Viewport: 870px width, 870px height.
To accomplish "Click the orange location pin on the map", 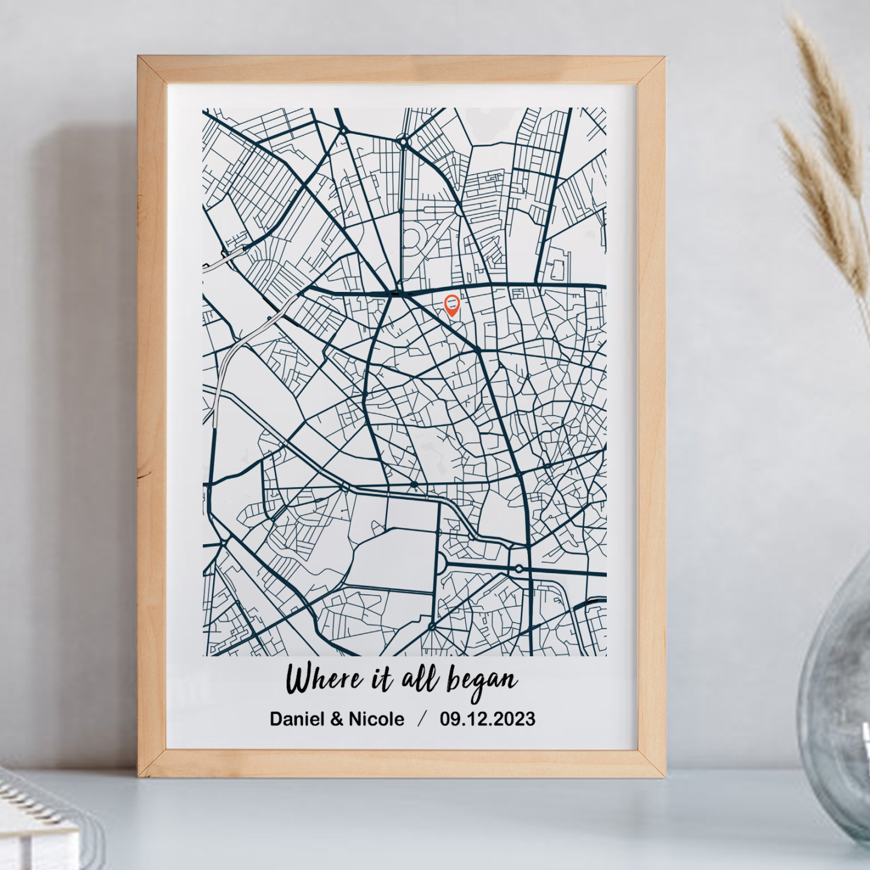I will click(x=452, y=305).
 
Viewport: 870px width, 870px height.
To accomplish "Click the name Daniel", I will click(x=294, y=719).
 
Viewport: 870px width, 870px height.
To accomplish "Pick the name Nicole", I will click(x=376, y=719).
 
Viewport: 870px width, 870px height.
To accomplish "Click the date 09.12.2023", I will click(x=487, y=719).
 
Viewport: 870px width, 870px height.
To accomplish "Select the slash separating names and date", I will click(x=422, y=719).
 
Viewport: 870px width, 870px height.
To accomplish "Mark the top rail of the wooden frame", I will click(x=402, y=70).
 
